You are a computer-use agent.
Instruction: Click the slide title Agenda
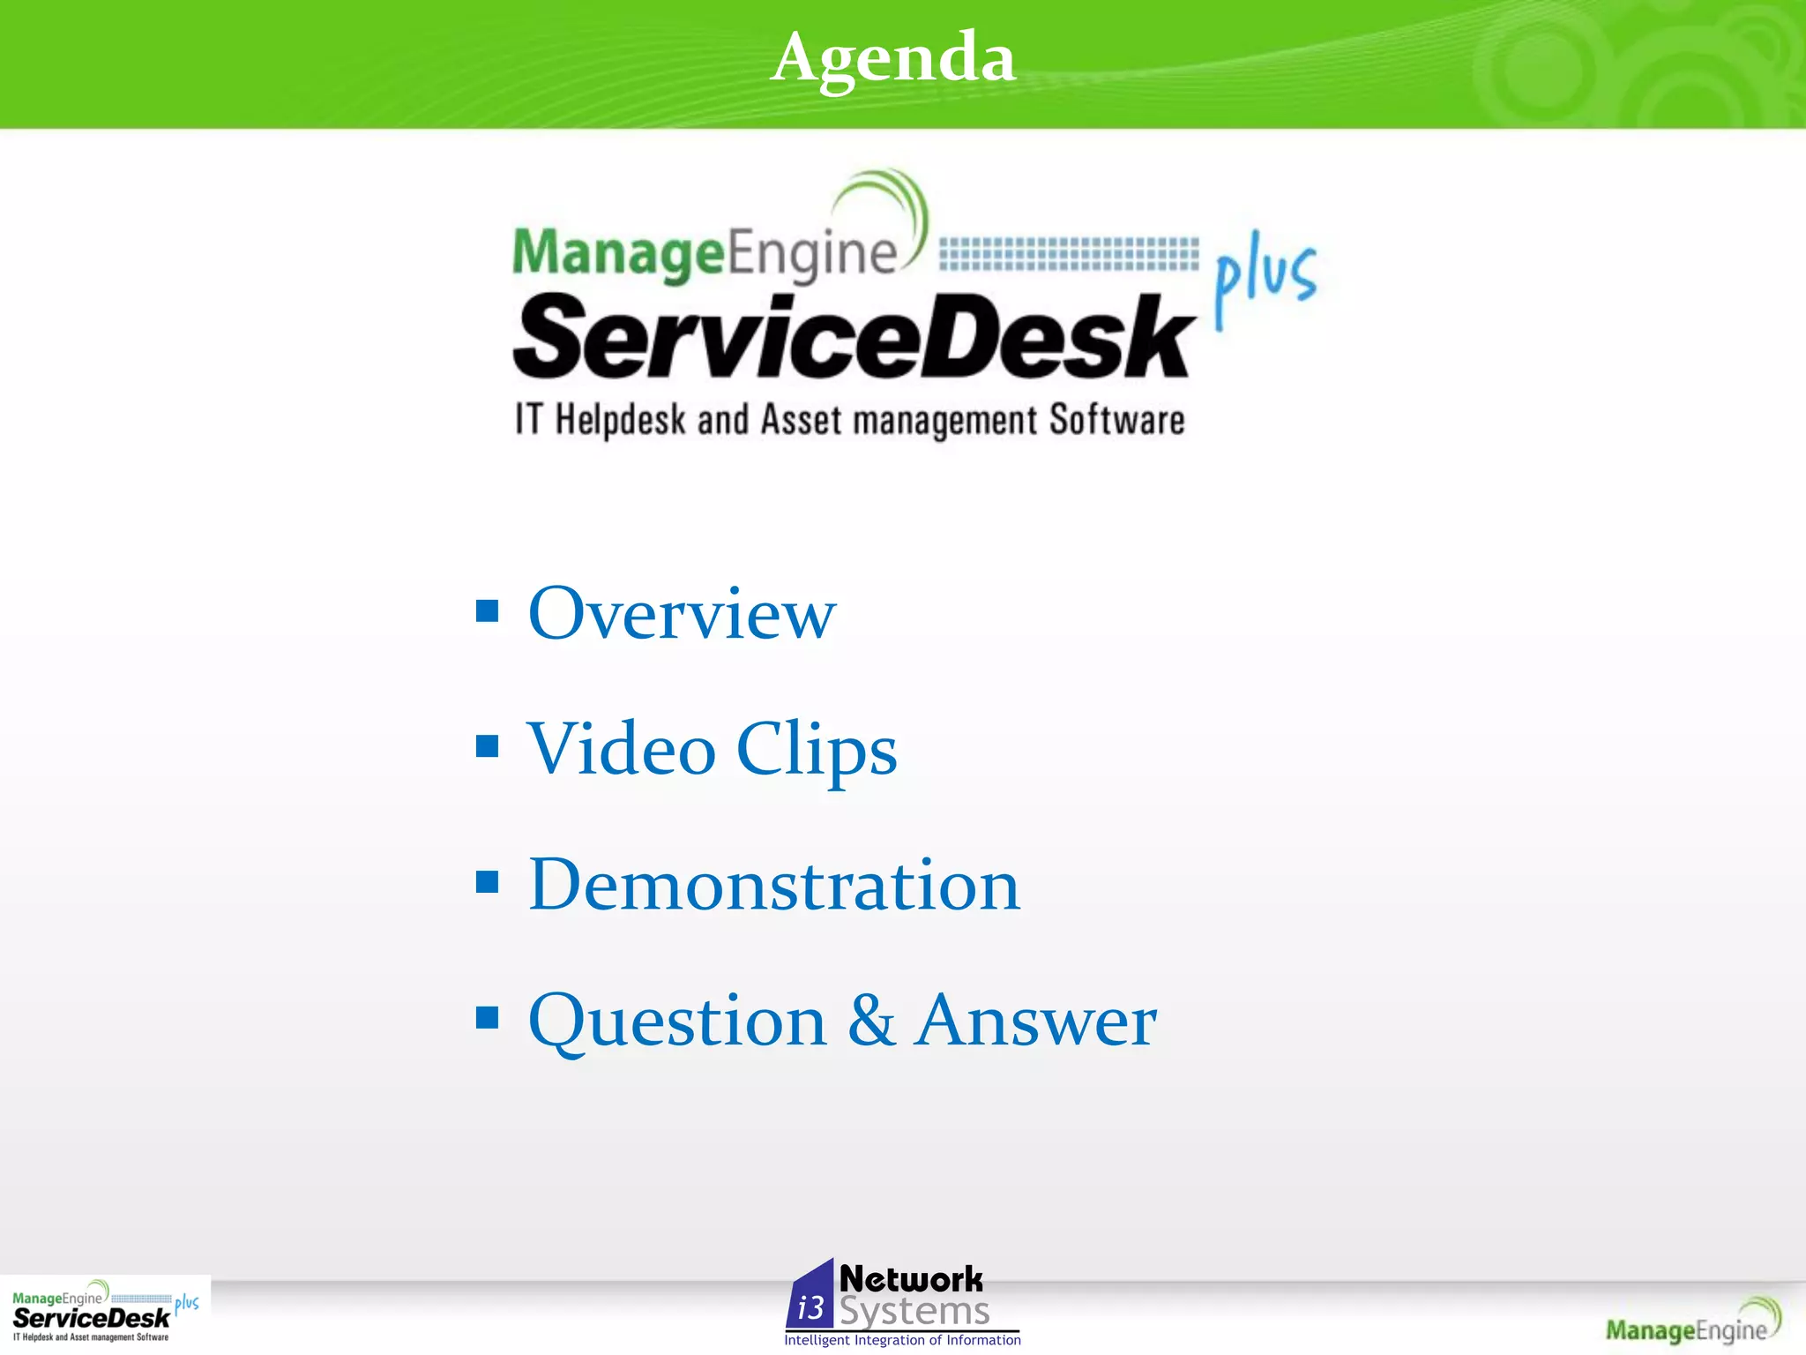[892, 58]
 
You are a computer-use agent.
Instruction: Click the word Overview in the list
[681, 614]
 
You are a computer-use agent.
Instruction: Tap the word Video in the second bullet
[621, 750]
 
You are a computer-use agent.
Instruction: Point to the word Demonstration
[773, 886]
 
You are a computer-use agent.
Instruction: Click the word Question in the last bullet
[676, 1022]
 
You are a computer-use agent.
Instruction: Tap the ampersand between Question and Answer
[870, 1021]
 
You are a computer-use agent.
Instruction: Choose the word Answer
[1035, 1021]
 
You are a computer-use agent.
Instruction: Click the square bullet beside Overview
[487, 611]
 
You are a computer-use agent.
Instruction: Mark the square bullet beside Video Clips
[487, 747]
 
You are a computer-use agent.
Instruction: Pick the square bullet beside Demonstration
[487, 882]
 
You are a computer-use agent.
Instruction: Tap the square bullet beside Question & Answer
[487, 1018]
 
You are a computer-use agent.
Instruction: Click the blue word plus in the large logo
[1265, 278]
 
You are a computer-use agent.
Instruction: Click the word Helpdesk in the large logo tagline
[620, 421]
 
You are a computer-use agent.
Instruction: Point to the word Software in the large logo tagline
[1116, 421]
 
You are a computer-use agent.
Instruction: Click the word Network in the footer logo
[911, 1279]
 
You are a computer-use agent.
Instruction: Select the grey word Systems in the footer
[914, 1312]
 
